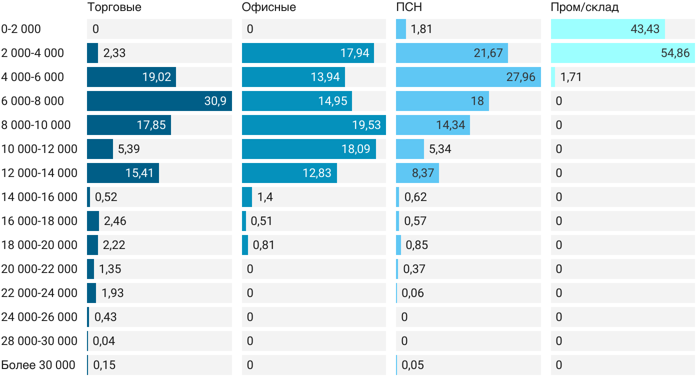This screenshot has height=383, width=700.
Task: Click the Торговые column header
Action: (114, 7)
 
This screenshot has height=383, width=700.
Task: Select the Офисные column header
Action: (268, 7)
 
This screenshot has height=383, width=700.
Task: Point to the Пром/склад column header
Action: (584, 7)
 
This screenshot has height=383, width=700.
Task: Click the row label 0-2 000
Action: (21, 29)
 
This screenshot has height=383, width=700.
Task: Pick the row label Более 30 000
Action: (38, 365)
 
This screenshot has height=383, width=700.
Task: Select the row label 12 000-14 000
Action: (39, 173)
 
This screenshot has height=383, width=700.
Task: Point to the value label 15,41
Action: (139, 173)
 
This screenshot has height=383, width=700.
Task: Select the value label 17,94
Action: (354, 53)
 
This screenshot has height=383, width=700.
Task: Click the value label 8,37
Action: (423, 173)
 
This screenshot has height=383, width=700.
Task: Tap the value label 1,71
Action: (571, 77)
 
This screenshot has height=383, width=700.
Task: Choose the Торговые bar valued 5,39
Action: (99, 149)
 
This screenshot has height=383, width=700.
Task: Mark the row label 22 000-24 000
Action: (39, 293)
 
